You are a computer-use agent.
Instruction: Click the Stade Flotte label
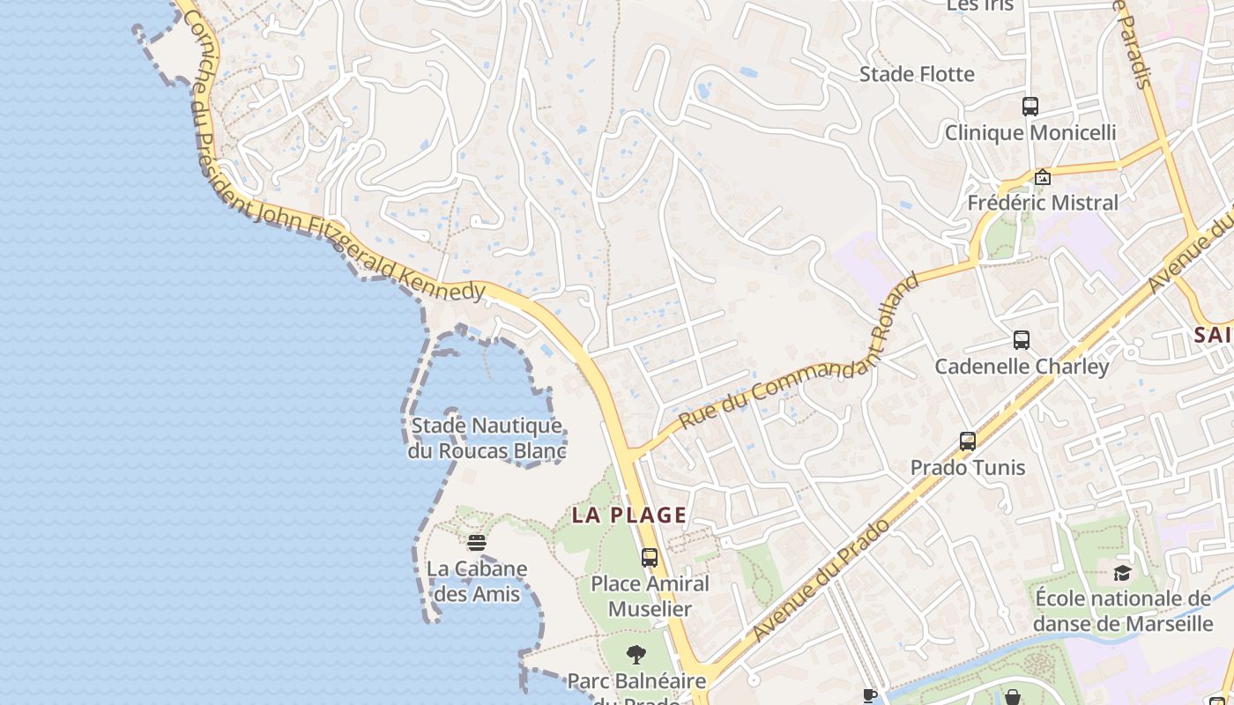[917, 74]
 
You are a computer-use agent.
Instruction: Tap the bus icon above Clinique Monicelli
[1030, 107]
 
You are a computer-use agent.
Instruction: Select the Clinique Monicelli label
[1030, 133]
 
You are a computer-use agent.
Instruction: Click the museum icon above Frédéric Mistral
[1043, 177]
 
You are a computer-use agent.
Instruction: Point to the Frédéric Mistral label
[1043, 203]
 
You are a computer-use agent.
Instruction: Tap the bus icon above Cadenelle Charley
[1022, 340]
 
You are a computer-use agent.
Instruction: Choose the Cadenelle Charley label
[1022, 367]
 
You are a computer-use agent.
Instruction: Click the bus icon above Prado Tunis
[968, 442]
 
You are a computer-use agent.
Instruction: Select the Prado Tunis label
[968, 467]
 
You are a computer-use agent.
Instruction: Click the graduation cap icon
[1122, 574]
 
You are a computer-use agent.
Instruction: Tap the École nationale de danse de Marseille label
[1123, 612]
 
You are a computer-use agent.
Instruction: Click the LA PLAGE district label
[629, 516]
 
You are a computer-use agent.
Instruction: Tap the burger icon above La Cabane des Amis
[477, 543]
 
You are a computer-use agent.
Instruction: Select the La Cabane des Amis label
[477, 582]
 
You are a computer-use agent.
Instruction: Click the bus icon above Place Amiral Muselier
[650, 558]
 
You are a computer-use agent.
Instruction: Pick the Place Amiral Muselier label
[650, 597]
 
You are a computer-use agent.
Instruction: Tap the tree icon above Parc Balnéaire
[636, 655]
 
